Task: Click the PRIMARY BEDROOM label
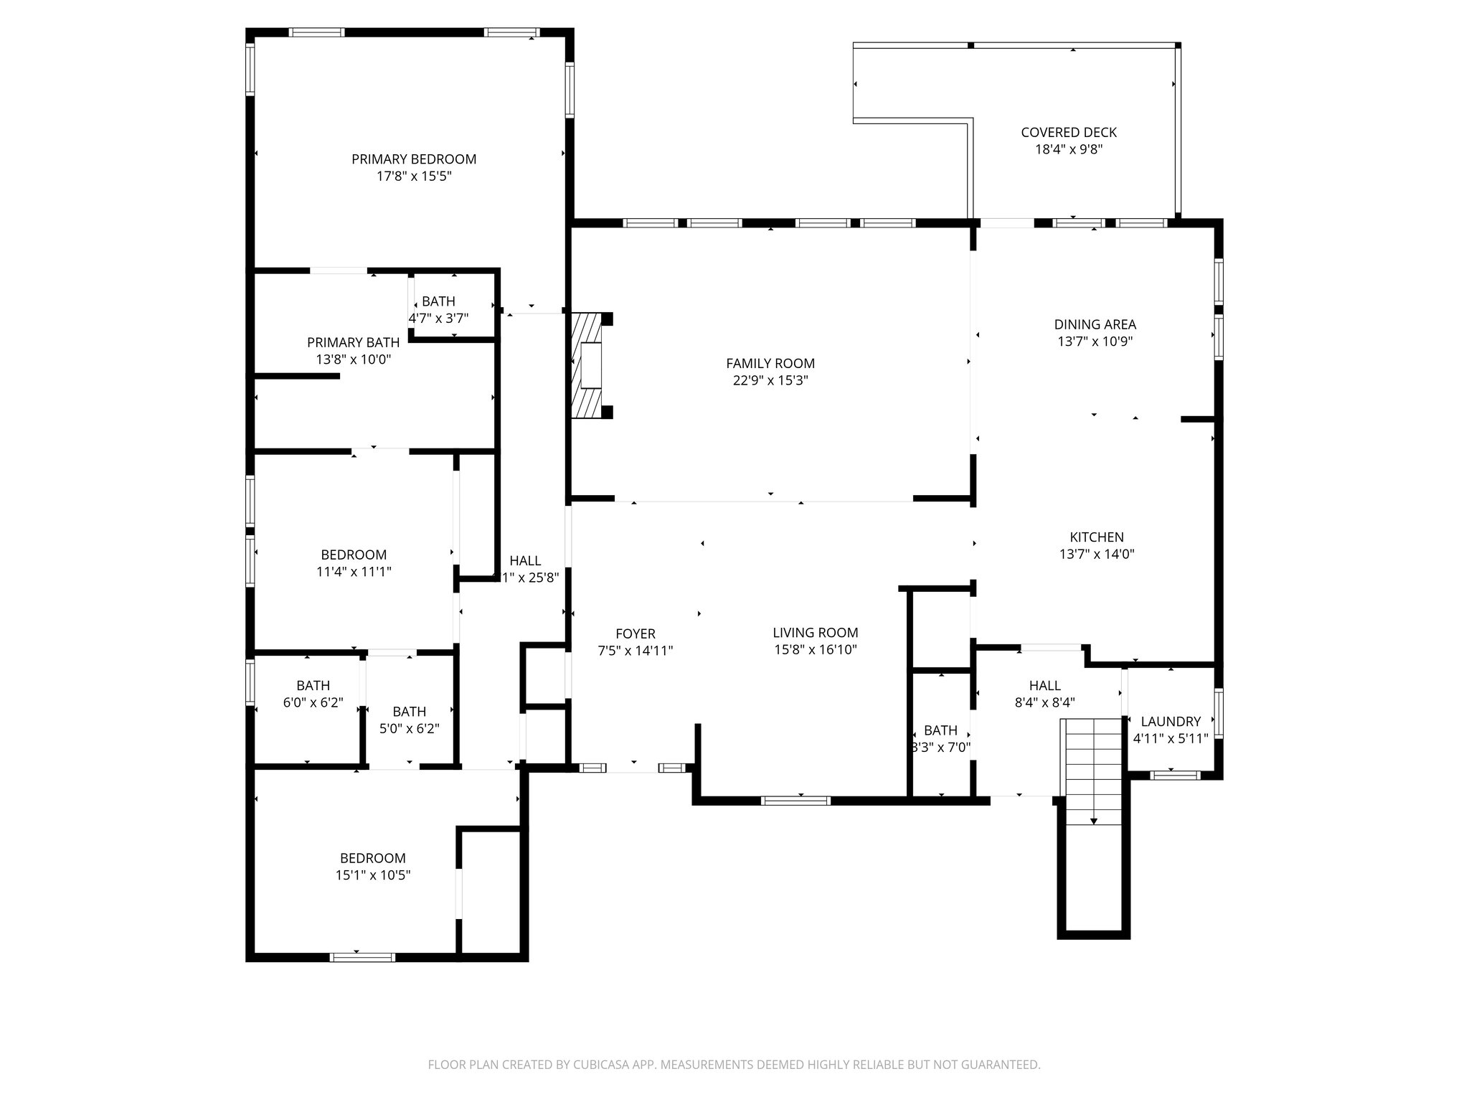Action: (414, 159)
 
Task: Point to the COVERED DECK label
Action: (1069, 133)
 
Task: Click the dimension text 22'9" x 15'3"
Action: (770, 381)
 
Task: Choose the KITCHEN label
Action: (1097, 537)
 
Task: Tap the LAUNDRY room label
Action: (1171, 722)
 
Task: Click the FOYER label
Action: (636, 634)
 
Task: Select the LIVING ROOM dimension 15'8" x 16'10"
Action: (816, 650)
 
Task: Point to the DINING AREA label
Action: (1095, 325)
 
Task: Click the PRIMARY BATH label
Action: (354, 343)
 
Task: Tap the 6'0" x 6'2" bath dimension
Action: (313, 703)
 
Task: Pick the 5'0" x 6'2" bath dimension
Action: (410, 729)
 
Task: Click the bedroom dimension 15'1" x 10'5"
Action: (373, 875)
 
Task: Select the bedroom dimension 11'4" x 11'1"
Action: (354, 572)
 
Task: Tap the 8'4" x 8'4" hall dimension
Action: (1045, 703)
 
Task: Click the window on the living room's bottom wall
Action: (795, 800)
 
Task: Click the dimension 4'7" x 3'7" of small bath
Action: (438, 318)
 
